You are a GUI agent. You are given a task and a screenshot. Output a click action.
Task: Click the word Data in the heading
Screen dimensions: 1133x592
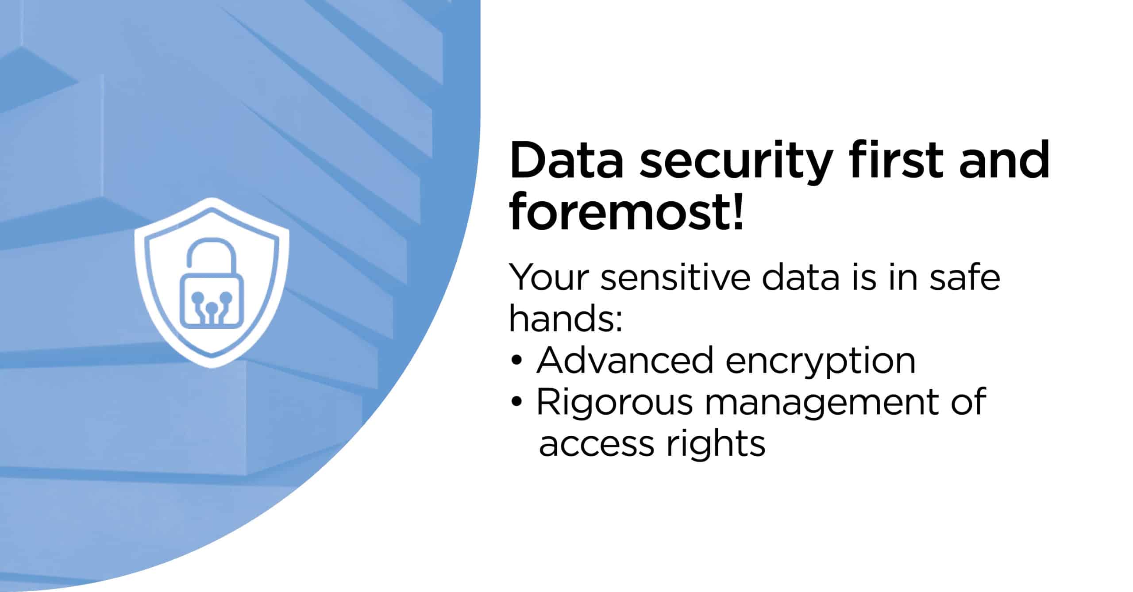pyautogui.click(x=566, y=160)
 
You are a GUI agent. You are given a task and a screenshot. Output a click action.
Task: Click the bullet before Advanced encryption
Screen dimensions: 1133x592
pyautogui.click(x=516, y=361)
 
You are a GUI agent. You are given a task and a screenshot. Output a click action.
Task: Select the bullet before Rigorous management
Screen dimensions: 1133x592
pyautogui.click(x=516, y=402)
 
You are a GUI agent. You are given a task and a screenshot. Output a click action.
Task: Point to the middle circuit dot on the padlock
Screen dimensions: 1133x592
pyautogui.click(x=212, y=307)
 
